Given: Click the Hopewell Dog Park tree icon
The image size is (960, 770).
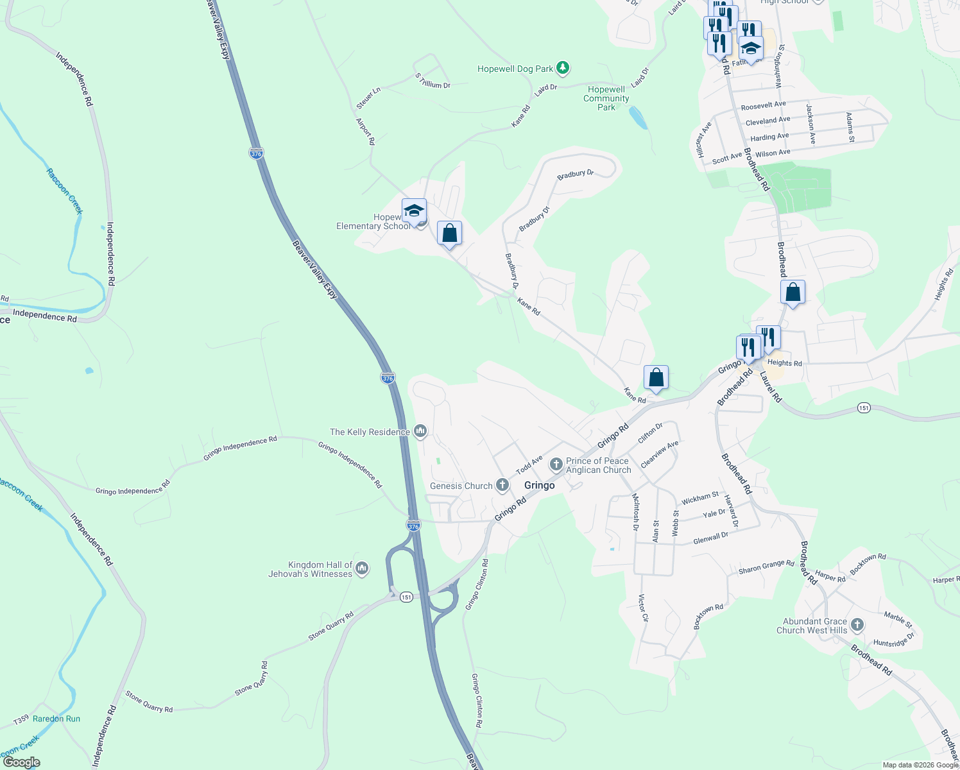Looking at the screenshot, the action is pos(563,67).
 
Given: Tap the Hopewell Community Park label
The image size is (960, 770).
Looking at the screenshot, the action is pos(606,98).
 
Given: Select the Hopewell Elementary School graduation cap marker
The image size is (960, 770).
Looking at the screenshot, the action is pos(414,211).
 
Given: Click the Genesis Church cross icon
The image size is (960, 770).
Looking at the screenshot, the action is pos(502,486).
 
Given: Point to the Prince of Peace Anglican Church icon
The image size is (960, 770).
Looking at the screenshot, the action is pos(556,463).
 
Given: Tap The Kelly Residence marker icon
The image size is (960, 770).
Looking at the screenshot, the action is pos(420,431).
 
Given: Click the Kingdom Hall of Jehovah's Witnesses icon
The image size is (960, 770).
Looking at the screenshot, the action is pos(362,569).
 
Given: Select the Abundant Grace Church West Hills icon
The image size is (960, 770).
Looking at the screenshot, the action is pos(857,625).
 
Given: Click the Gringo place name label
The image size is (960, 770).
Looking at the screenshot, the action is pos(539,485).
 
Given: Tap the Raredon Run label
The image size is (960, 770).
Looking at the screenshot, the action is pos(56,719).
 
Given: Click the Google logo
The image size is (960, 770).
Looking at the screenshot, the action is pos(21,762).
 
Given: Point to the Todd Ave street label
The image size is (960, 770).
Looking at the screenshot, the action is pos(529,464).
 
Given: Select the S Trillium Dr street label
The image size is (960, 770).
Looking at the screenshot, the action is pos(433,81).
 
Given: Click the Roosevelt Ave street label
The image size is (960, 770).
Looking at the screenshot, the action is pos(763,105).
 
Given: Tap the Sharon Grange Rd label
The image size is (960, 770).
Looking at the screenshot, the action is pos(766,567).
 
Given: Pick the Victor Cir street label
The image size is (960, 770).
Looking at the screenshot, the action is pos(643,608).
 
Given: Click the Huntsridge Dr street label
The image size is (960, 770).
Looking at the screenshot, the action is pos(893,640).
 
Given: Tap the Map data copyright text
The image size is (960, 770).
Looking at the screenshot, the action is pos(920,765).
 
